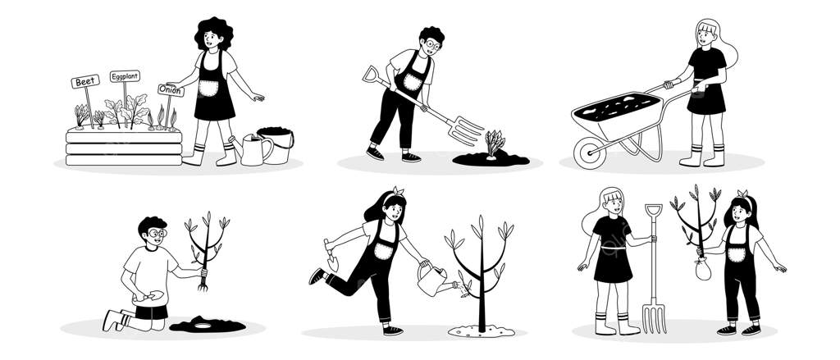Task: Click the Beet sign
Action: [85, 81]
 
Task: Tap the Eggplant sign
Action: [125, 76]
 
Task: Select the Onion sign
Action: [171, 90]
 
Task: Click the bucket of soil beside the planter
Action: [276, 144]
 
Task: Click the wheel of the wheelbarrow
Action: [589, 153]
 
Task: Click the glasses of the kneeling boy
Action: [157, 233]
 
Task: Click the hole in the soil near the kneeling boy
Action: [203, 326]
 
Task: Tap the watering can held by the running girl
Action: [434, 280]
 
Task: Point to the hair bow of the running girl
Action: [398, 191]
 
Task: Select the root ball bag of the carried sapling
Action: [703, 270]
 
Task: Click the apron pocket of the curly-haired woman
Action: [208, 89]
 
